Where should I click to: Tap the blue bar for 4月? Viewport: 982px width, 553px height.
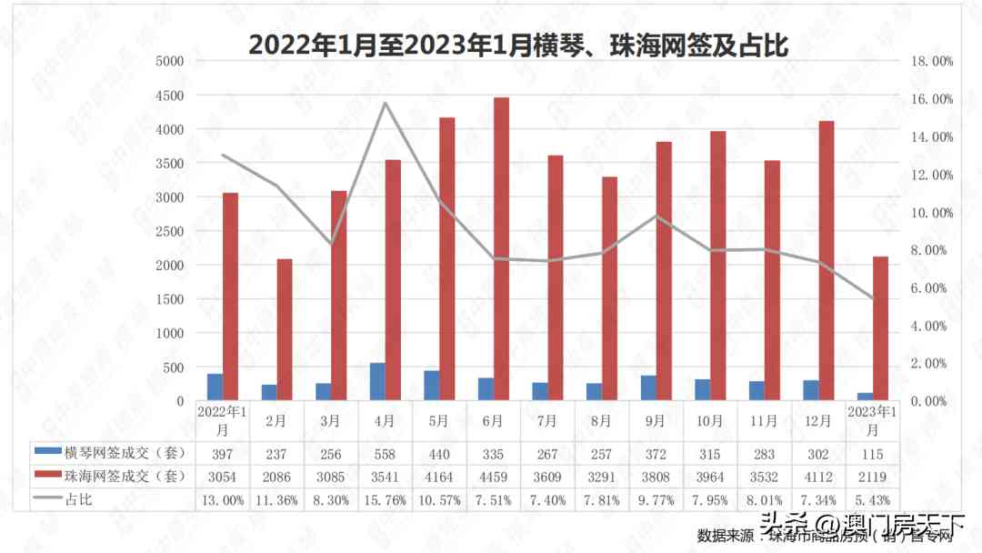coord(377,382)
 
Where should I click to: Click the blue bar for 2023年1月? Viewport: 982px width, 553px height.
coord(865,397)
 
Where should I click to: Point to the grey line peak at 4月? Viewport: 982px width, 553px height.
coord(386,103)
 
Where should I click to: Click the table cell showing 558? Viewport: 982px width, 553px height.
coord(385,452)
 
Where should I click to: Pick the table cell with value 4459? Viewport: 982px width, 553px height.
coord(493,476)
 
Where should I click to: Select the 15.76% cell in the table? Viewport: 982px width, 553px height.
coord(385,499)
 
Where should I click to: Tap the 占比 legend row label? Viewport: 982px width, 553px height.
coord(78,499)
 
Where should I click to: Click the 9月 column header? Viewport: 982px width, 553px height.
coord(656,420)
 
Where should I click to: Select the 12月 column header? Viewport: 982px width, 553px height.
coord(818,420)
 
